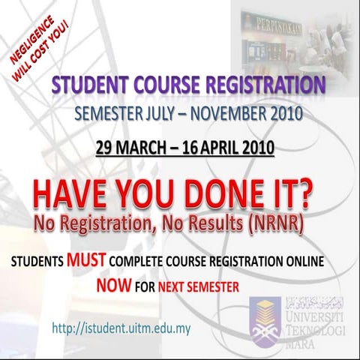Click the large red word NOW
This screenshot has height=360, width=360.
click(x=114, y=286)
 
